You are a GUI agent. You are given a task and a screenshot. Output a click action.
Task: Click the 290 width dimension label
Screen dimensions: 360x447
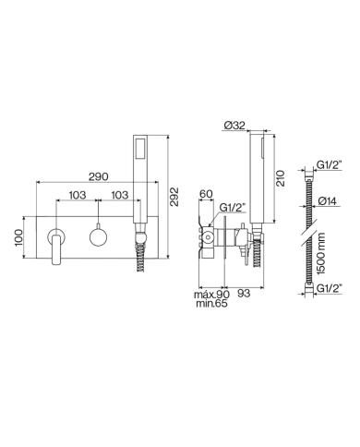pyautogui.click(x=99, y=176)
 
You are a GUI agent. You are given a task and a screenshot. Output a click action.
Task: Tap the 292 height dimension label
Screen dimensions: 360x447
pyautogui.click(x=174, y=197)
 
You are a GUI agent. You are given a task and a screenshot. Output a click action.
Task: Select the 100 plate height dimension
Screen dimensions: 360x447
pyautogui.click(x=18, y=237)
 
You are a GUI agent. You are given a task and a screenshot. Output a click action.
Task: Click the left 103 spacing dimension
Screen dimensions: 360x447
pyautogui.click(x=78, y=195)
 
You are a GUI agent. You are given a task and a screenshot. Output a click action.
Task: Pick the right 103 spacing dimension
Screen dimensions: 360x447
pyautogui.click(x=119, y=195)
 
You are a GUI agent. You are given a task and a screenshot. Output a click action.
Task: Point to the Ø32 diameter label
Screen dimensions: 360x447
pyautogui.click(x=234, y=126)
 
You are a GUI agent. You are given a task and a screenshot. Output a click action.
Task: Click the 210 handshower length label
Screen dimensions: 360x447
pyautogui.click(x=281, y=178)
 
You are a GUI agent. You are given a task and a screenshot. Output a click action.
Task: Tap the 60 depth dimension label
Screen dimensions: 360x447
pyautogui.click(x=206, y=194)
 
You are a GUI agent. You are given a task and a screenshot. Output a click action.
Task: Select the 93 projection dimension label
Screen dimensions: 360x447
pyautogui.click(x=244, y=294)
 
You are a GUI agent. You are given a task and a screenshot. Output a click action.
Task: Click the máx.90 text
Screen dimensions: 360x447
pyautogui.click(x=211, y=295)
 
